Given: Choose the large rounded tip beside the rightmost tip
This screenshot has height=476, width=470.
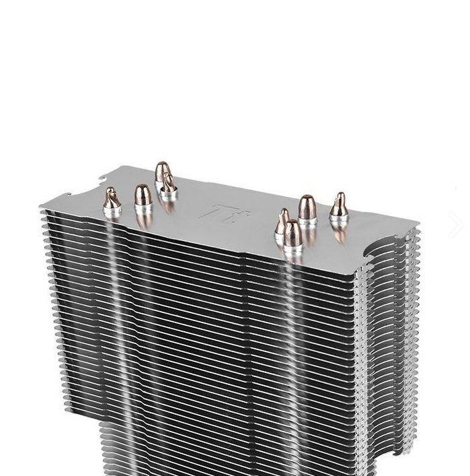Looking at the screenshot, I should tap(307, 206).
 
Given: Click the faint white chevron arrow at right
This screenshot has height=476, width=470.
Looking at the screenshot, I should tap(459, 226).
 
